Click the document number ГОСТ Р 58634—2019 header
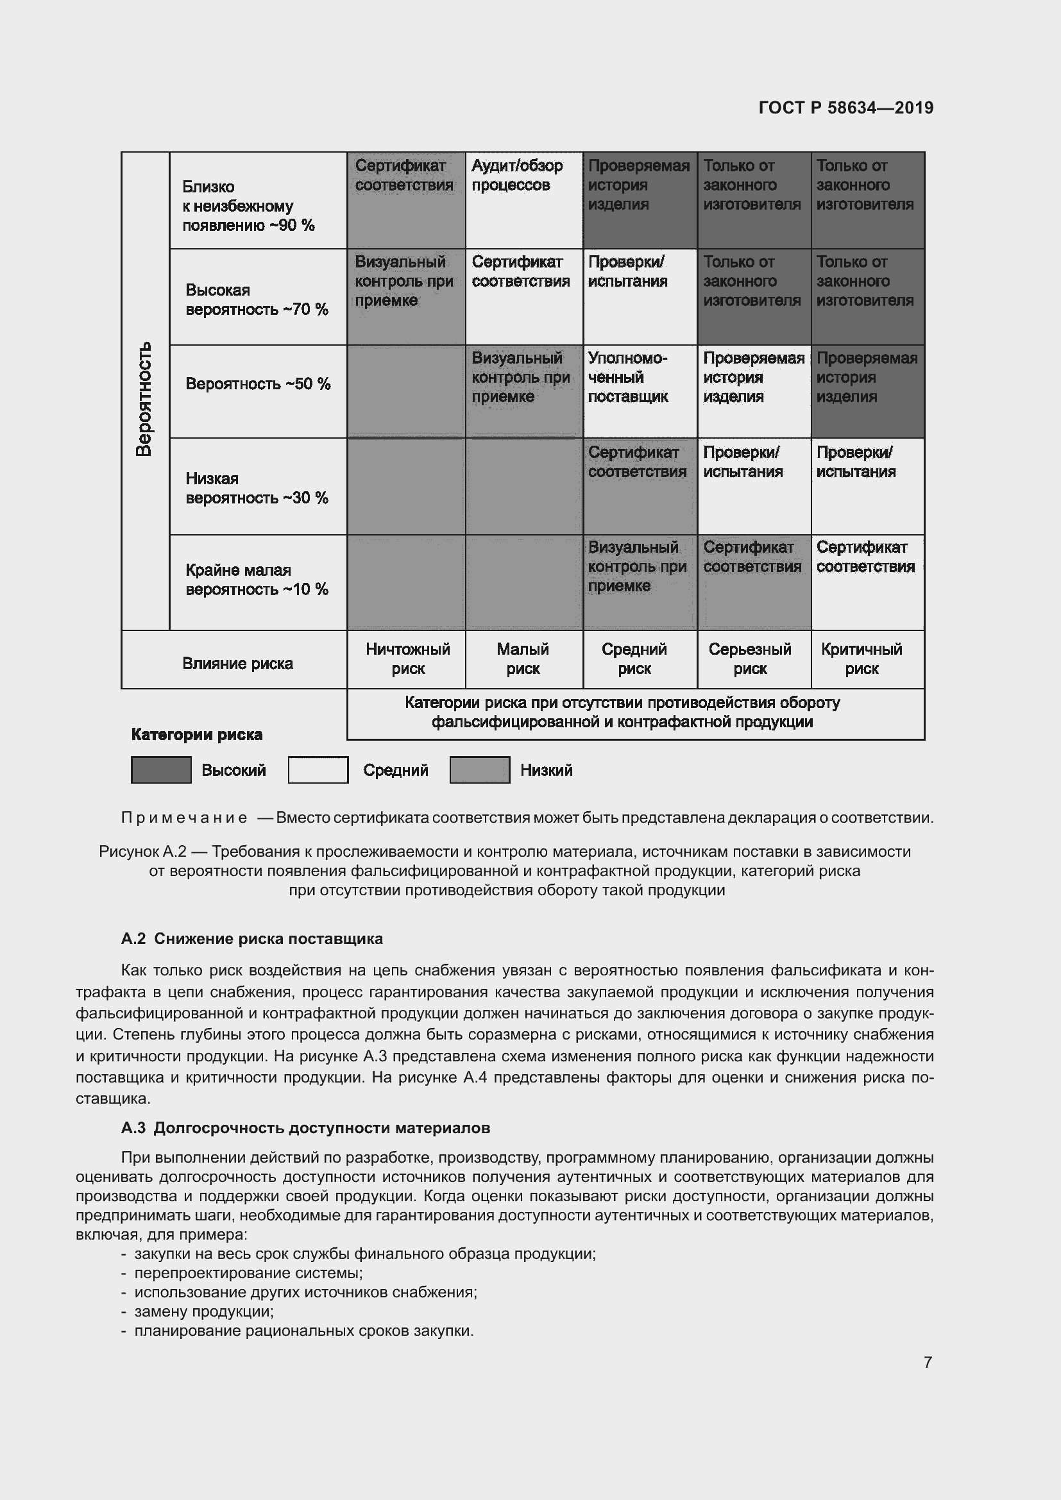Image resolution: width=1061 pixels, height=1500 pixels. point(845,108)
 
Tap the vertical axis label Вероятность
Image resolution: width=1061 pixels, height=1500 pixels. point(144,398)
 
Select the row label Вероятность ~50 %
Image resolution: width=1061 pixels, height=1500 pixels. point(257,383)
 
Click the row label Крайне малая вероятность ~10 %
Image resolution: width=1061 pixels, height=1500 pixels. point(256,580)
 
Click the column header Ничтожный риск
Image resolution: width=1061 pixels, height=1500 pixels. point(408,659)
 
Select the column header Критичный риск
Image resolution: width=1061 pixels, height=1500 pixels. point(861,659)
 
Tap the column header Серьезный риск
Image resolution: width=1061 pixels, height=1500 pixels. point(749,659)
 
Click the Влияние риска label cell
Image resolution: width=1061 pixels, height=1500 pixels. point(237,663)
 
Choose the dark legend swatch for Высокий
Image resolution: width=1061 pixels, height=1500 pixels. point(161,770)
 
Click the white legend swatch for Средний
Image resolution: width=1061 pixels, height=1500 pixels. point(318,770)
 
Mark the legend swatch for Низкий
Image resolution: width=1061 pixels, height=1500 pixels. point(480,770)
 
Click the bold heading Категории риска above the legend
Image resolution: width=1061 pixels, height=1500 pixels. point(197,734)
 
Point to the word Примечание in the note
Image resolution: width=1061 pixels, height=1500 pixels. point(184,817)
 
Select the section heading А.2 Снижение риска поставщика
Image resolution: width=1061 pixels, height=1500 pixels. point(251,938)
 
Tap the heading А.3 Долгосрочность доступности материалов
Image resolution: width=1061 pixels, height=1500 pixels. point(305,1127)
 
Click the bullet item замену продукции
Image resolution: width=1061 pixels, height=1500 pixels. point(204,1311)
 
